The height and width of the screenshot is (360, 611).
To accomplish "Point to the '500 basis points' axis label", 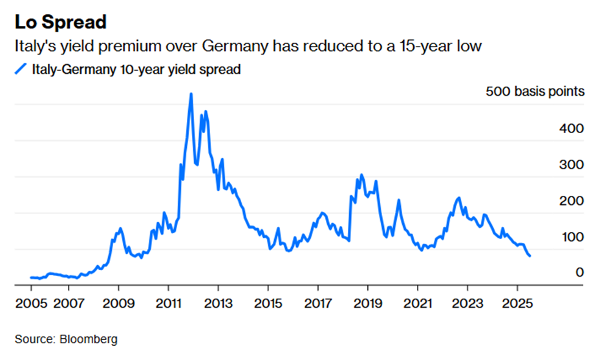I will click(x=535, y=92).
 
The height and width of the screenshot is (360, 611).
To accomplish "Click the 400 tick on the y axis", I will click(x=572, y=128).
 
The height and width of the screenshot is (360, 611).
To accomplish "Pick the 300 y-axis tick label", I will click(x=572, y=164).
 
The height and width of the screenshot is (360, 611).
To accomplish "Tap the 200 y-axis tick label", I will click(x=572, y=200).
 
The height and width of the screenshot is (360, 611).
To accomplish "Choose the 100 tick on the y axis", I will click(x=572, y=237).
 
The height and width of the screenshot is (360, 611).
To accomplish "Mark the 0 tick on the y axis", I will click(x=580, y=273).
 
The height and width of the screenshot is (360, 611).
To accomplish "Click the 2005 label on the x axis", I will click(x=30, y=303).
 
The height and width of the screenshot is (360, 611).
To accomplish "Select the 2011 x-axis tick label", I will click(x=168, y=303).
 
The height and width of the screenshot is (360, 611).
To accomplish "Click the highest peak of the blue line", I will click(x=191, y=94).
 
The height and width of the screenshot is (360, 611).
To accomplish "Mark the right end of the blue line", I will click(x=530, y=256).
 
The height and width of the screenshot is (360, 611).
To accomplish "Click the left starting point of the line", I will click(x=30, y=277).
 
